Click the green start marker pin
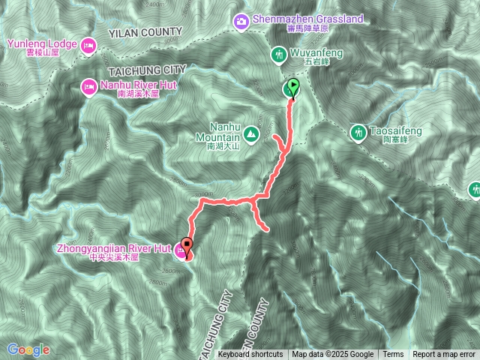(292, 88)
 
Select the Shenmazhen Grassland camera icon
(241, 19)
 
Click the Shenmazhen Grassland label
(298, 19)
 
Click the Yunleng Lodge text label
(42, 44)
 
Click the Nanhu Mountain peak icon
(251, 136)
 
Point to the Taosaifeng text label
(396, 132)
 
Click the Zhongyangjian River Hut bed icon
(181, 250)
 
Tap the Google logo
(28, 349)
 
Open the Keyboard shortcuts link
(250, 355)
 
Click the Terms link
(393, 355)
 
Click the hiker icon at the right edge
(474, 190)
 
